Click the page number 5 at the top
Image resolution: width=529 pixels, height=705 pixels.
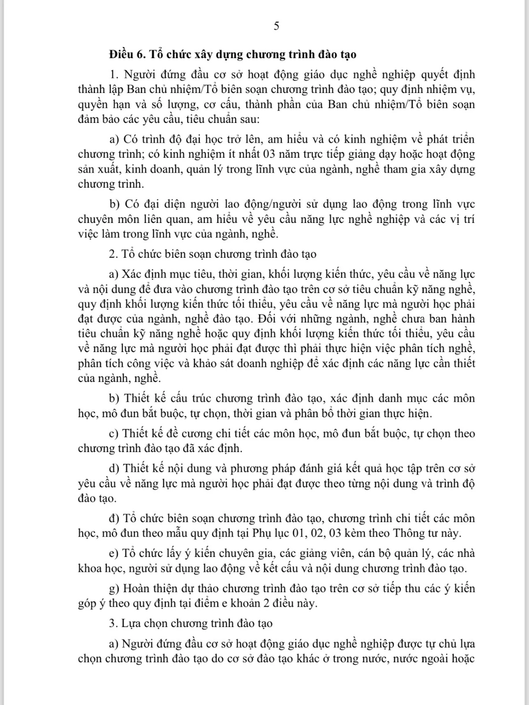(x=276, y=26)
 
